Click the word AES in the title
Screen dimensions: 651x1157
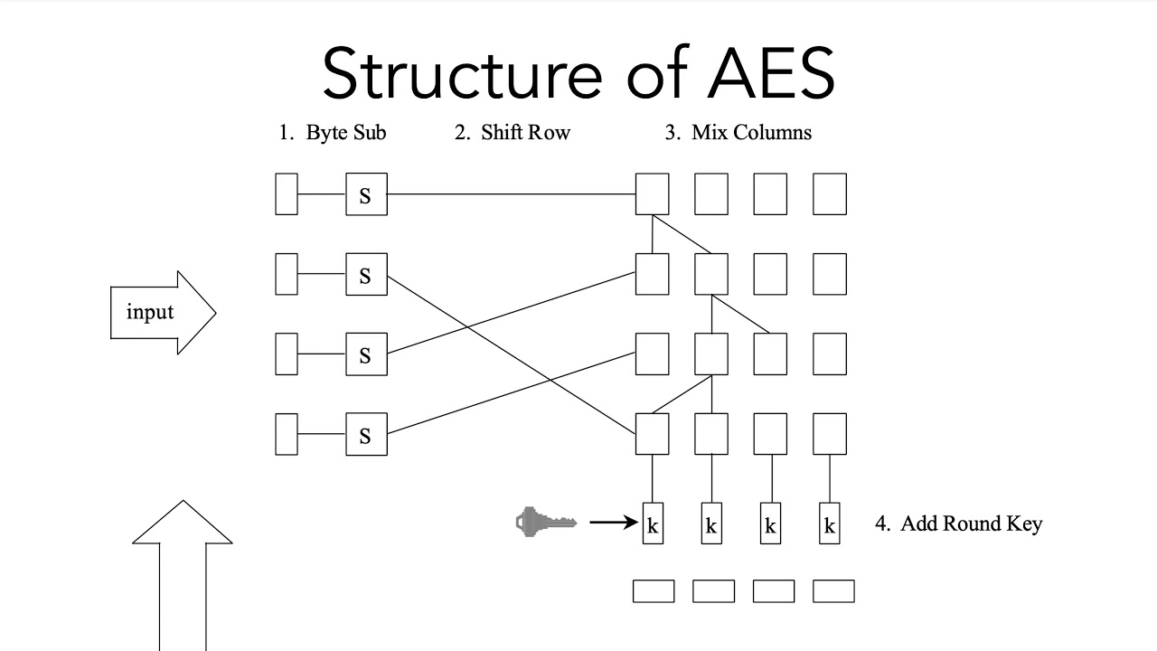click(771, 74)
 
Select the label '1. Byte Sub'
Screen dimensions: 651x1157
click(332, 133)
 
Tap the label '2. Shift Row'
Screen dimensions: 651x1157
click(512, 133)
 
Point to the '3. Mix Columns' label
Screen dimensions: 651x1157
click(738, 133)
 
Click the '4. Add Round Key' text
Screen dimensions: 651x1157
click(958, 524)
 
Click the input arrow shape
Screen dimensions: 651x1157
click(162, 313)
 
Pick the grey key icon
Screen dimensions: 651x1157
click(545, 522)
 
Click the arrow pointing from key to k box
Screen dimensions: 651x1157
click(614, 522)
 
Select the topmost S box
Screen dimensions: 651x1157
click(366, 194)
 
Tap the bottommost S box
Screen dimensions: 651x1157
click(366, 435)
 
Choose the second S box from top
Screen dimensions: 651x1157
click(366, 274)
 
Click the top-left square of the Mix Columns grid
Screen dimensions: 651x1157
click(653, 194)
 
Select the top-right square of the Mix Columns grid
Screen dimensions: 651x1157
click(830, 194)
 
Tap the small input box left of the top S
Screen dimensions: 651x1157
click(287, 194)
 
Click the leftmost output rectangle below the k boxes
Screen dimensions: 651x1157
click(653, 591)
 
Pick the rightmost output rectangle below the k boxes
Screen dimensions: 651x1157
click(833, 591)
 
